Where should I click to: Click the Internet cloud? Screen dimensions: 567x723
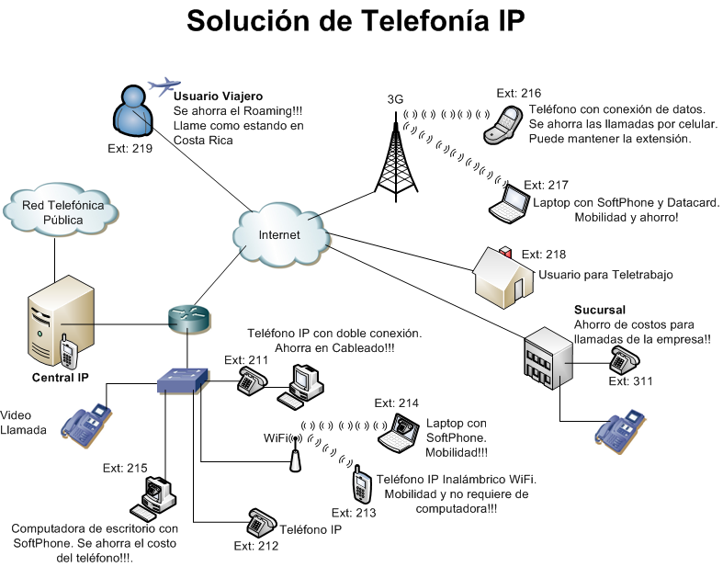(x=281, y=234)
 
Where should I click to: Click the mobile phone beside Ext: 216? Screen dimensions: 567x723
(x=503, y=124)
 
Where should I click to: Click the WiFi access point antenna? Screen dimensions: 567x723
(x=295, y=456)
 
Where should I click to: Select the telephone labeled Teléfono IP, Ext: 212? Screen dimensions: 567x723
(x=261, y=523)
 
